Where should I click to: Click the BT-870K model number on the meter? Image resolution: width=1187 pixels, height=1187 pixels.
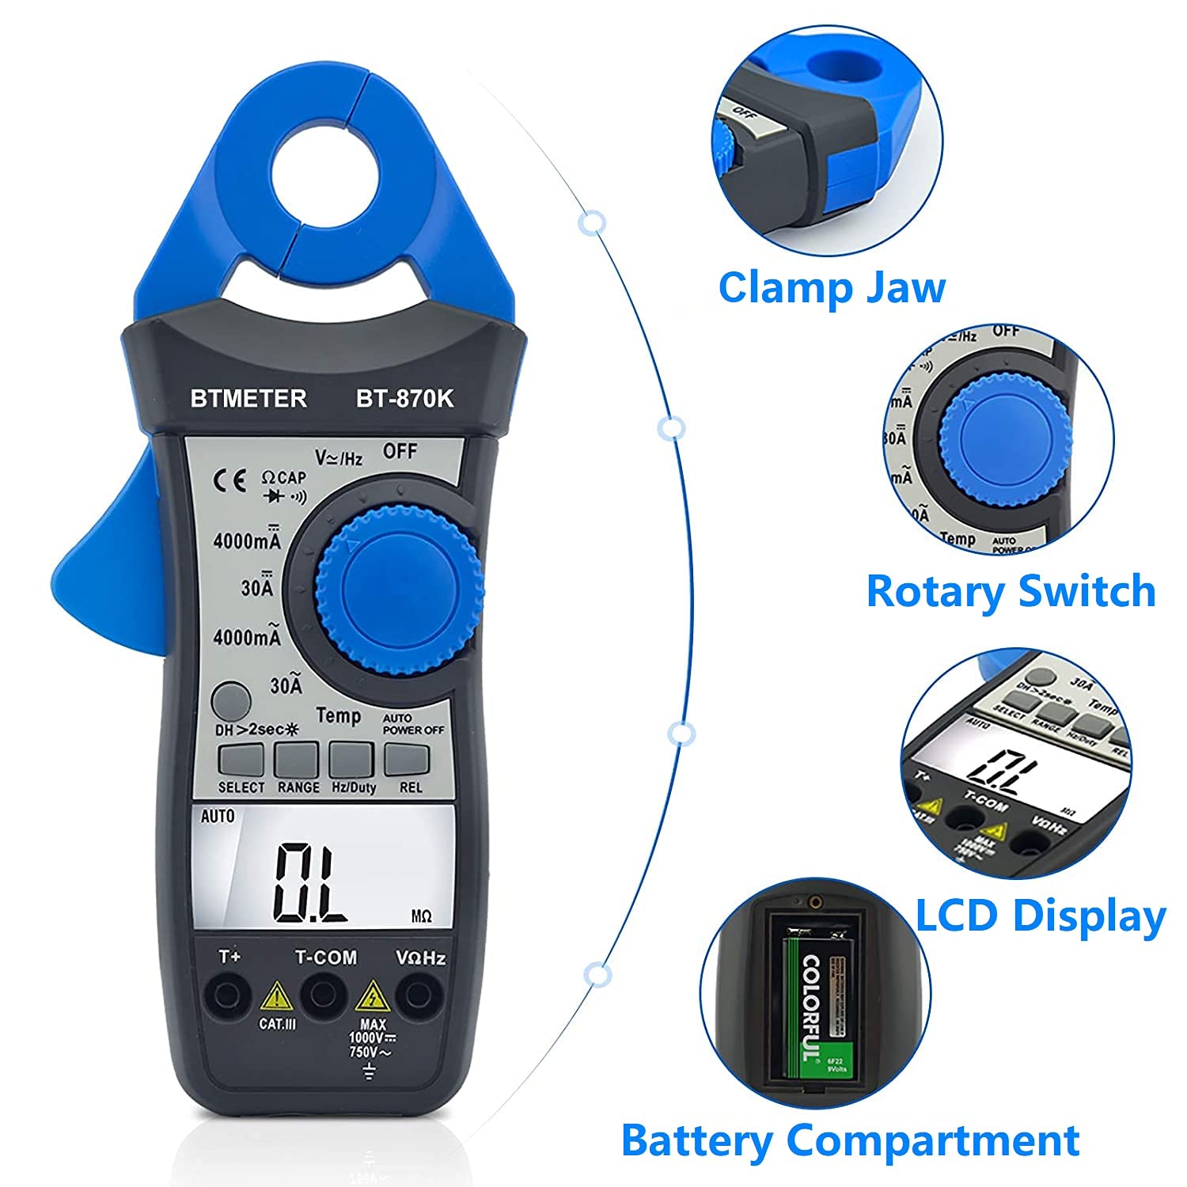(x=404, y=398)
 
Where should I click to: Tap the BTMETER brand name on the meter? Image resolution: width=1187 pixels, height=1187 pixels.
(x=248, y=398)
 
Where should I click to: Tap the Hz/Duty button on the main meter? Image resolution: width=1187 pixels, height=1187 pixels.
(x=351, y=759)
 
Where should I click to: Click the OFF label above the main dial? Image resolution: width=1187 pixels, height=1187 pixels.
(x=400, y=451)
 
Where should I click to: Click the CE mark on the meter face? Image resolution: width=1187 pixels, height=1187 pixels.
(x=230, y=482)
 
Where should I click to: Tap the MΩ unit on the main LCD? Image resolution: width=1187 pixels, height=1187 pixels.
(x=422, y=916)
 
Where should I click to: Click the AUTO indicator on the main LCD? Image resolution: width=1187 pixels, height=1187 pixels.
(x=218, y=816)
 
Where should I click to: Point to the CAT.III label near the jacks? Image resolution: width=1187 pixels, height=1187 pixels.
(x=278, y=1024)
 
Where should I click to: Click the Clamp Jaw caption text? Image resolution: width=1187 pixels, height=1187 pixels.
(x=831, y=287)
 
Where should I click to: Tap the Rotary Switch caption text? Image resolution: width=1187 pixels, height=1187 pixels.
(x=1011, y=591)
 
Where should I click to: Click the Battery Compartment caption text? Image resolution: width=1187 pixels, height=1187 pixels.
(x=850, y=1140)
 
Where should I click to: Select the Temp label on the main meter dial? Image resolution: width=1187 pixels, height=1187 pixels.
(x=338, y=716)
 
